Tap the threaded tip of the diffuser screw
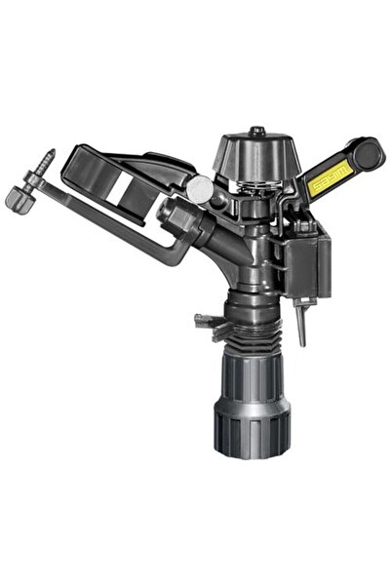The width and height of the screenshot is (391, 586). [x=48, y=157]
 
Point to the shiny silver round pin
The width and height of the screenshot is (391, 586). [x=199, y=189]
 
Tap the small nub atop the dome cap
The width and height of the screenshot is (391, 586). [x=256, y=130]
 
